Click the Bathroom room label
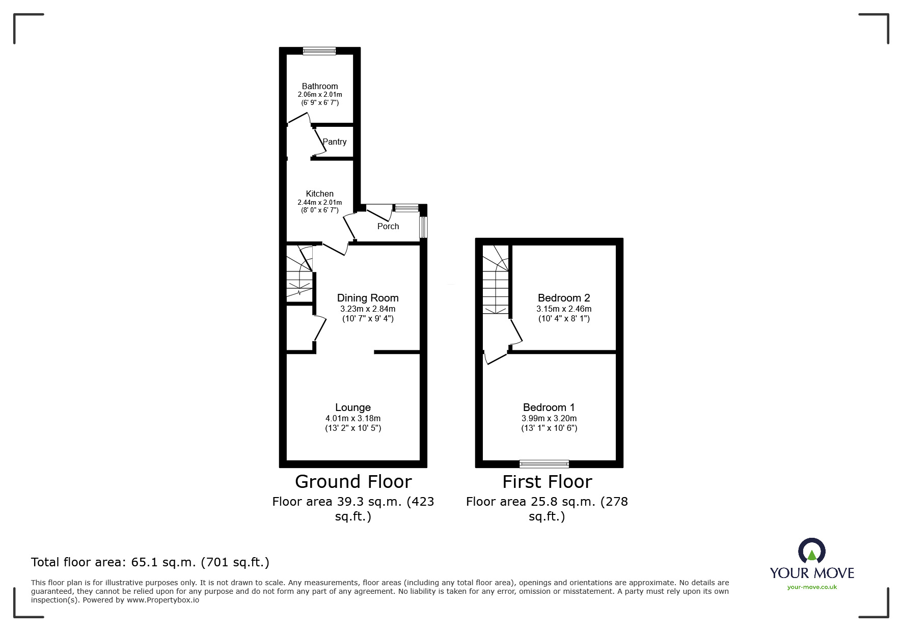click(x=320, y=86)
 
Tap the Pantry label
click(x=335, y=142)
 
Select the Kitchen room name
click(x=320, y=194)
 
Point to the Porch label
click(x=388, y=226)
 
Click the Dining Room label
click(x=368, y=298)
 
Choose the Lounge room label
click(x=353, y=407)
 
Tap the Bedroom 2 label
click(x=564, y=298)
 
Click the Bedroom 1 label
click(x=549, y=407)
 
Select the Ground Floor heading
click(x=353, y=482)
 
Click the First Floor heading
click(x=548, y=482)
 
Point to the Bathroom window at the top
click(x=319, y=50)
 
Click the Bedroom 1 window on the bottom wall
click(x=544, y=463)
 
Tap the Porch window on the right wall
click(x=423, y=227)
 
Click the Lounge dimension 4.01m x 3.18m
click(x=353, y=418)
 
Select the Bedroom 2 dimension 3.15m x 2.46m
click(x=564, y=309)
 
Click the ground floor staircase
click(x=299, y=271)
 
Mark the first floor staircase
click(x=496, y=280)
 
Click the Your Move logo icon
click(x=811, y=552)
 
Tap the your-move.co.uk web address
click(x=812, y=587)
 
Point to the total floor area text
click(x=150, y=562)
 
